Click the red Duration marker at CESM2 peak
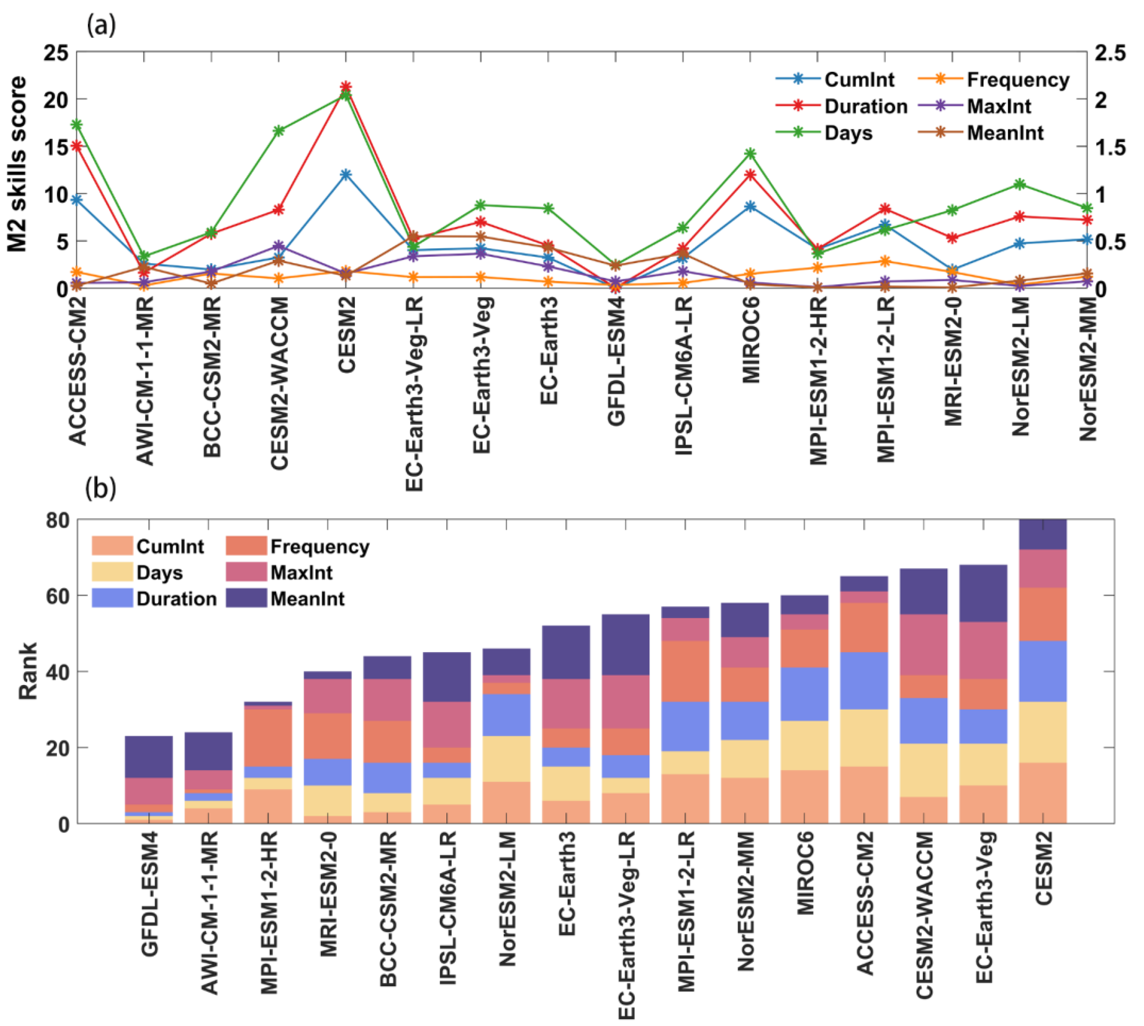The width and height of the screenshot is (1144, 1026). (x=346, y=86)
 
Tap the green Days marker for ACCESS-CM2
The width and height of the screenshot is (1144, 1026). (x=77, y=125)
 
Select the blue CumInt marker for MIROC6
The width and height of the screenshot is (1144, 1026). (x=750, y=206)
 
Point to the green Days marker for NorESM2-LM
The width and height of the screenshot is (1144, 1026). (x=1019, y=184)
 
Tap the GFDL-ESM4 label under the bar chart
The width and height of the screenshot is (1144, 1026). (x=149, y=894)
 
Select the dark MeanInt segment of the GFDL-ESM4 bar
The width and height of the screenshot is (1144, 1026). (x=149, y=757)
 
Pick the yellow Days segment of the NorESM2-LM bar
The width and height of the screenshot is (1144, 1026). (x=506, y=758)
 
